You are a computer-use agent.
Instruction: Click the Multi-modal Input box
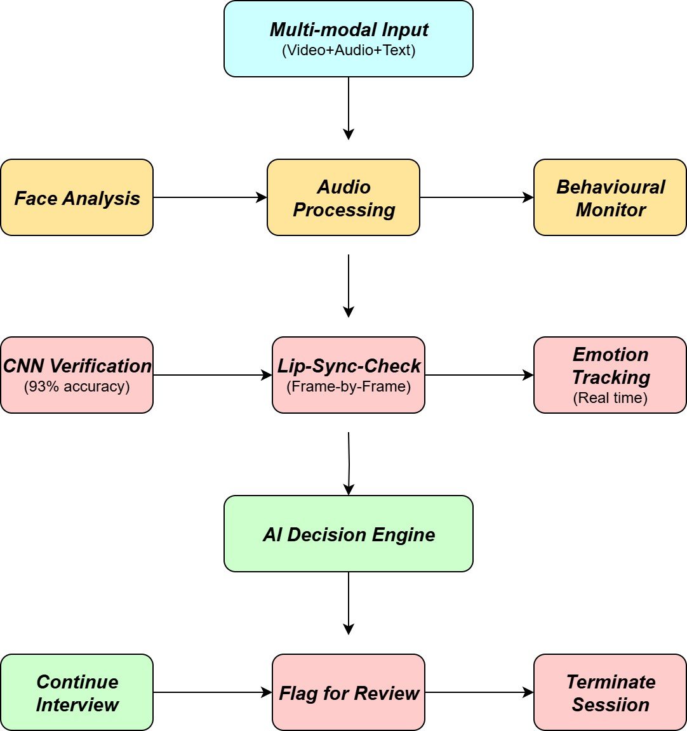click(348, 39)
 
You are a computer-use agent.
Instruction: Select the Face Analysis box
click(77, 197)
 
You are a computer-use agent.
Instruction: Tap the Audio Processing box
click(343, 197)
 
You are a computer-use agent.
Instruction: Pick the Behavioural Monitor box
click(610, 197)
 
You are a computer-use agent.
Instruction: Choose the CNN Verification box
click(77, 375)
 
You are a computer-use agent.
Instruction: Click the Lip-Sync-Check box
click(349, 375)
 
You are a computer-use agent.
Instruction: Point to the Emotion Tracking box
click(610, 375)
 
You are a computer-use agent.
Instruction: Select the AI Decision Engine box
click(348, 534)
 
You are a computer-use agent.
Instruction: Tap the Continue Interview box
click(77, 692)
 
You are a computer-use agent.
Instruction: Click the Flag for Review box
click(349, 692)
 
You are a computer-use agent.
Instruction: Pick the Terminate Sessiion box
click(610, 692)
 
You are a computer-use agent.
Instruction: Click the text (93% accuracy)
click(77, 386)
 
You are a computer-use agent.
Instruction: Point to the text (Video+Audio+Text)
click(349, 51)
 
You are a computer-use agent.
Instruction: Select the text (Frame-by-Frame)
click(349, 386)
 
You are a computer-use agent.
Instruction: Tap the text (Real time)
click(610, 398)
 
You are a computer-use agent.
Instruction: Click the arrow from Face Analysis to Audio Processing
click(210, 197)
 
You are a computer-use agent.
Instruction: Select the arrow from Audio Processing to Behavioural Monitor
click(476, 197)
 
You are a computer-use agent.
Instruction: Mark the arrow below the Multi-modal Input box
click(348, 108)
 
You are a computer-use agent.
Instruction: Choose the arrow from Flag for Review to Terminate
click(479, 692)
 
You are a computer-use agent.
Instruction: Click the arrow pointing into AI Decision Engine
click(349, 463)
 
